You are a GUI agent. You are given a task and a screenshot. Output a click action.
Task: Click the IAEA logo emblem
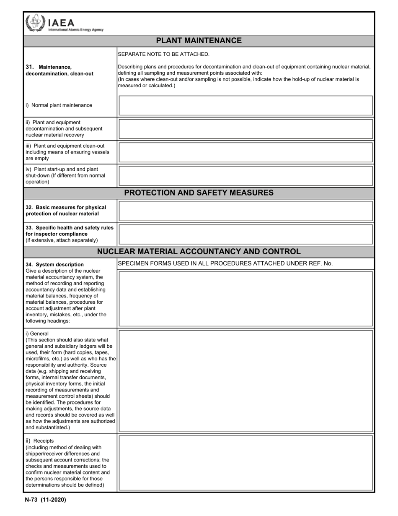(34, 23)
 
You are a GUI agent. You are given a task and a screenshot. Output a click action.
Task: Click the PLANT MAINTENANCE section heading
(199, 41)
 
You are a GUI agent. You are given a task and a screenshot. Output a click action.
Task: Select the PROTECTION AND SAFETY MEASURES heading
(199, 193)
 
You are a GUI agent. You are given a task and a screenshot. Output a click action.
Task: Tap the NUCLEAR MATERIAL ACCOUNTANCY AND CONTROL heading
(199, 252)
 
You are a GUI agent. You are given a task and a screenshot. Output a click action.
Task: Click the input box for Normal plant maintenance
(246, 105)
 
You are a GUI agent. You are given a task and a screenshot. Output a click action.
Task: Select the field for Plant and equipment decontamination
(246, 129)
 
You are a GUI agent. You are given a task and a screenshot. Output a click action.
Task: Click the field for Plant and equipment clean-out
(246, 152)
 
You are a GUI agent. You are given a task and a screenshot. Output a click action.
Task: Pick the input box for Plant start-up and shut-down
(246, 176)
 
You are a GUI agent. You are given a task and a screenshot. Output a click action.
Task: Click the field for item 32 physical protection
(246, 211)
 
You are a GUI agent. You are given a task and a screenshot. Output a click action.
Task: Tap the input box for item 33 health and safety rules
(246, 234)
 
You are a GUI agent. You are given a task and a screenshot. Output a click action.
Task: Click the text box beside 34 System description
(246, 299)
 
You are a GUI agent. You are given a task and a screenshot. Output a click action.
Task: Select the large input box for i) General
(246, 381)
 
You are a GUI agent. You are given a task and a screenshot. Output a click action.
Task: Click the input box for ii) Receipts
(246, 463)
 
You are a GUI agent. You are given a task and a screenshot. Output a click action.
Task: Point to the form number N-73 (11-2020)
(45, 500)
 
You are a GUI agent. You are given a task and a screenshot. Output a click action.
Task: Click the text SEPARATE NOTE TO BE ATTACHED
(163, 54)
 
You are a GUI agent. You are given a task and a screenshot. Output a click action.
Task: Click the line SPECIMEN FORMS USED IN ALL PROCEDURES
(225, 263)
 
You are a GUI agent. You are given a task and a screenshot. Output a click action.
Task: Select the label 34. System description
(54, 264)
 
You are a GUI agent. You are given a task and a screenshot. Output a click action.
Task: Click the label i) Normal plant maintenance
(59, 105)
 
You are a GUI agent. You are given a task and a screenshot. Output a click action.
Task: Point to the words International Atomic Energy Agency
(76, 30)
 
